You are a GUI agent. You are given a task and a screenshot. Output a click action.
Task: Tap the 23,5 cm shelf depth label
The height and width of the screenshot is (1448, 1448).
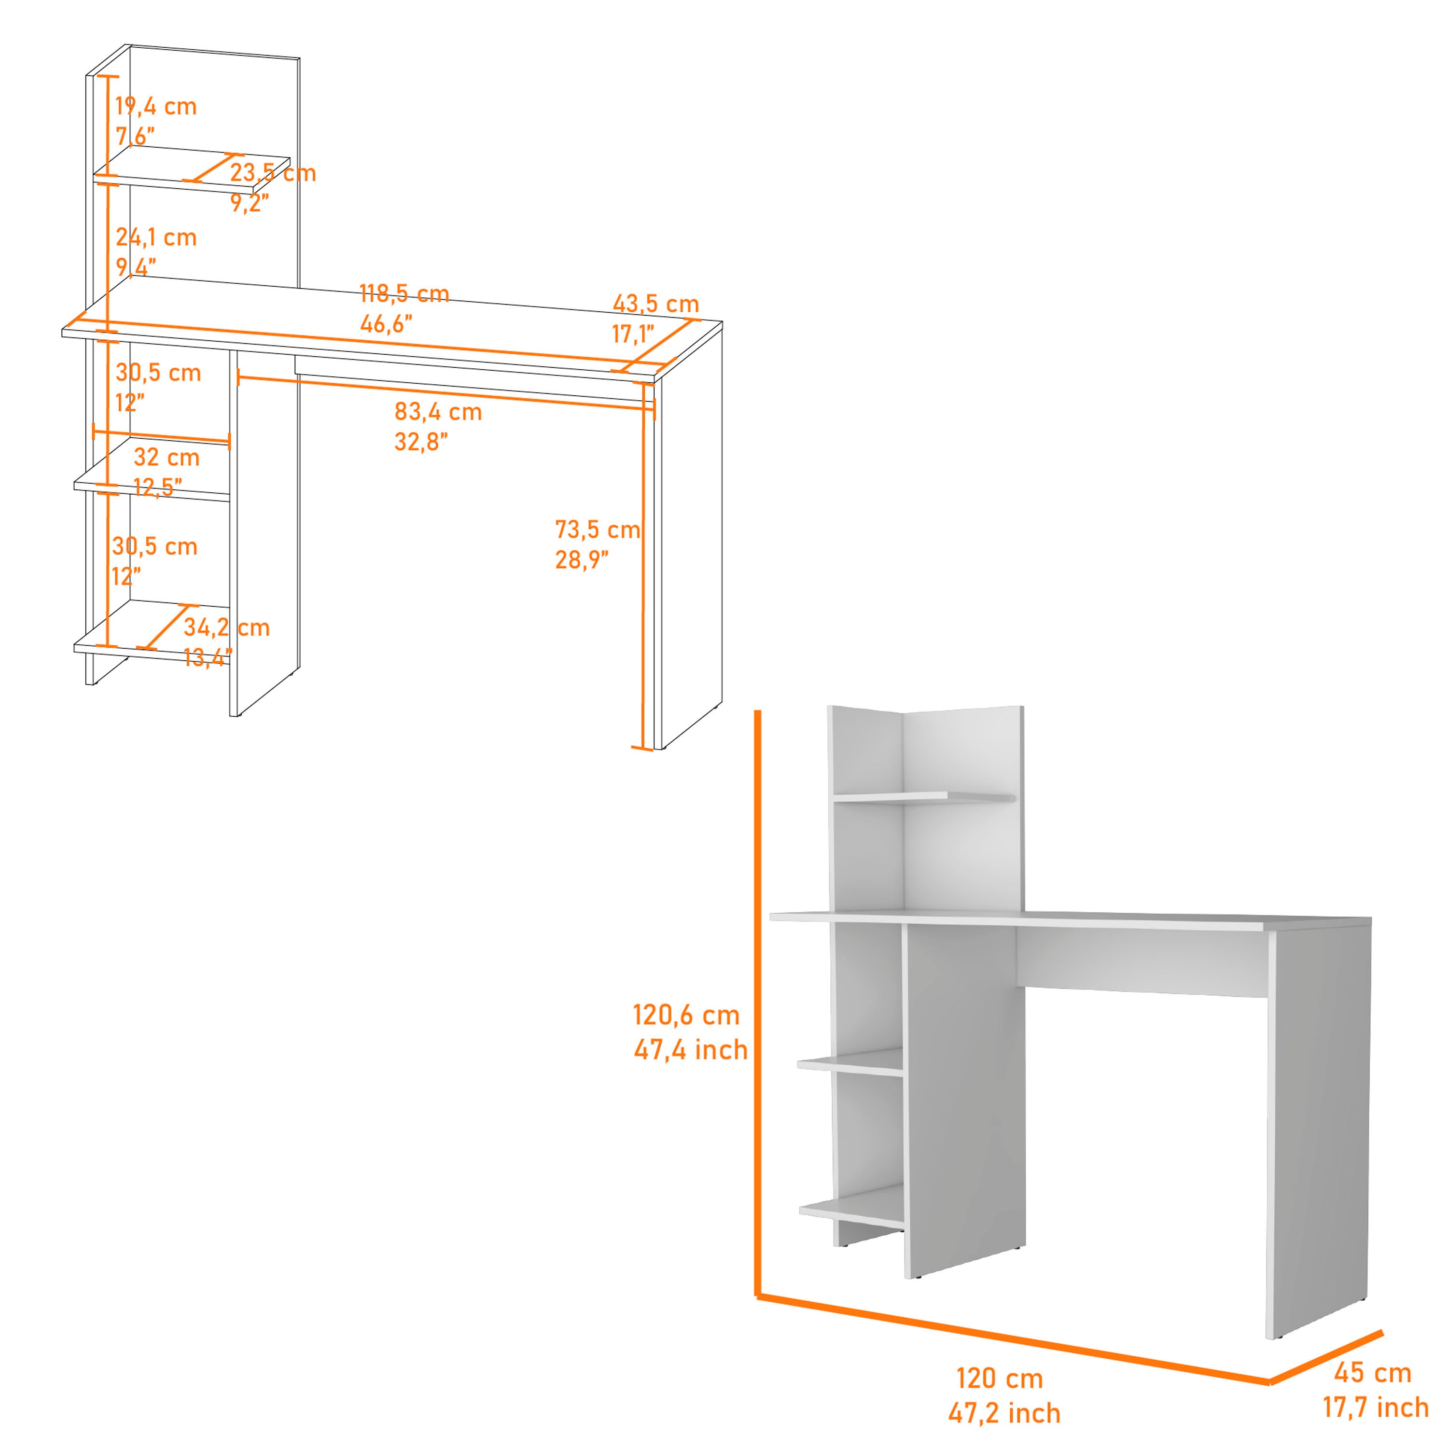(x=273, y=173)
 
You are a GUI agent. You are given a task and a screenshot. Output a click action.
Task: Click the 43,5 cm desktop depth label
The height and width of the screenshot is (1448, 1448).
(x=656, y=304)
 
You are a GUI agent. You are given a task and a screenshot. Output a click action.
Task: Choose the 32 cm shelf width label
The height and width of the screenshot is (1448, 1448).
(x=167, y=457)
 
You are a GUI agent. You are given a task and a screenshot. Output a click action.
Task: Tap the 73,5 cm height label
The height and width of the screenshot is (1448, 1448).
(x=598, y=530)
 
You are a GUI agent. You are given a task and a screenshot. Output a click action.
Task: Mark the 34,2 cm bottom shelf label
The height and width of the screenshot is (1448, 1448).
(x=226, y=627)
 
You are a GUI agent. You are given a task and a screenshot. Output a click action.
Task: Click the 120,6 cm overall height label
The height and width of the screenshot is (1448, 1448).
(x=686, y=1016)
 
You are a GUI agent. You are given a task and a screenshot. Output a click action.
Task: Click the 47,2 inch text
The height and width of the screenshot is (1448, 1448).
(x=1004, y=1414)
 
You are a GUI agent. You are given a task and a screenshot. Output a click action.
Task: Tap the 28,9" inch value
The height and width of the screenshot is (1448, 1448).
(x=582, y=560)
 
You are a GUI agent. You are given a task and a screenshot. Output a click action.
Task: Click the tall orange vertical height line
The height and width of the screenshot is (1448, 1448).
(x=758, y=1004)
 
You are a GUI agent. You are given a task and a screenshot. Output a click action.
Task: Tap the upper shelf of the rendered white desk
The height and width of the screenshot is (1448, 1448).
(x=926, y=797)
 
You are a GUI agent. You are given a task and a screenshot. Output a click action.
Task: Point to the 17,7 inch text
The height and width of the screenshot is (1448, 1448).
(x=1375, y=1407)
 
